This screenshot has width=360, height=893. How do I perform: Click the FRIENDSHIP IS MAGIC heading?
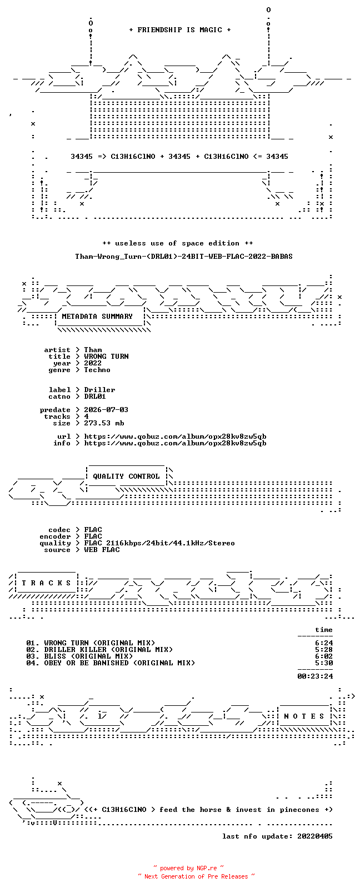click(180, 30)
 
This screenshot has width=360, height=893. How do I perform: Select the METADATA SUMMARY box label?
click(97, 317)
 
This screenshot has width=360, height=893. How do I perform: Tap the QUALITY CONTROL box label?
click(126, 476)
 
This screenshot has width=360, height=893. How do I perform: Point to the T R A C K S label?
click(46, 583)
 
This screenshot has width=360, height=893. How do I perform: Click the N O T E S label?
click(304, 716)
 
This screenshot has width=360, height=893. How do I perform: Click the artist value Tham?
click(93, 350)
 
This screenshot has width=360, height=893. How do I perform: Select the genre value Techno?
click(97, 370)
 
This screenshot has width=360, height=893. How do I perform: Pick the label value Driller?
click(99, 390)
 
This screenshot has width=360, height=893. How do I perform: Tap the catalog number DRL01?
click(95, 397)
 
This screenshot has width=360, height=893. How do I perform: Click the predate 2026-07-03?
click(106, 410)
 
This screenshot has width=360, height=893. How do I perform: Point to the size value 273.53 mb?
click(104, 423)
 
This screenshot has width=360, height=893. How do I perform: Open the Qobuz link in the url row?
click(175, 437)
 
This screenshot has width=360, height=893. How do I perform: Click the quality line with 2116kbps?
click(159, 543)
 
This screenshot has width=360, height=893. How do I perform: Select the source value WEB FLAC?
click(102, 550)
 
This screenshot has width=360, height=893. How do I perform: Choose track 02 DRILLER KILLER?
click(99, 650)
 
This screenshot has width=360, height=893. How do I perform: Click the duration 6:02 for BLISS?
click(324, 656)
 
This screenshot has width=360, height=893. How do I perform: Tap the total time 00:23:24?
click(315, 676)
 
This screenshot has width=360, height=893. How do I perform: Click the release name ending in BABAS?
click(184, 257)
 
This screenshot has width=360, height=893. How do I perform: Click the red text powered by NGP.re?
click(188, 868)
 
